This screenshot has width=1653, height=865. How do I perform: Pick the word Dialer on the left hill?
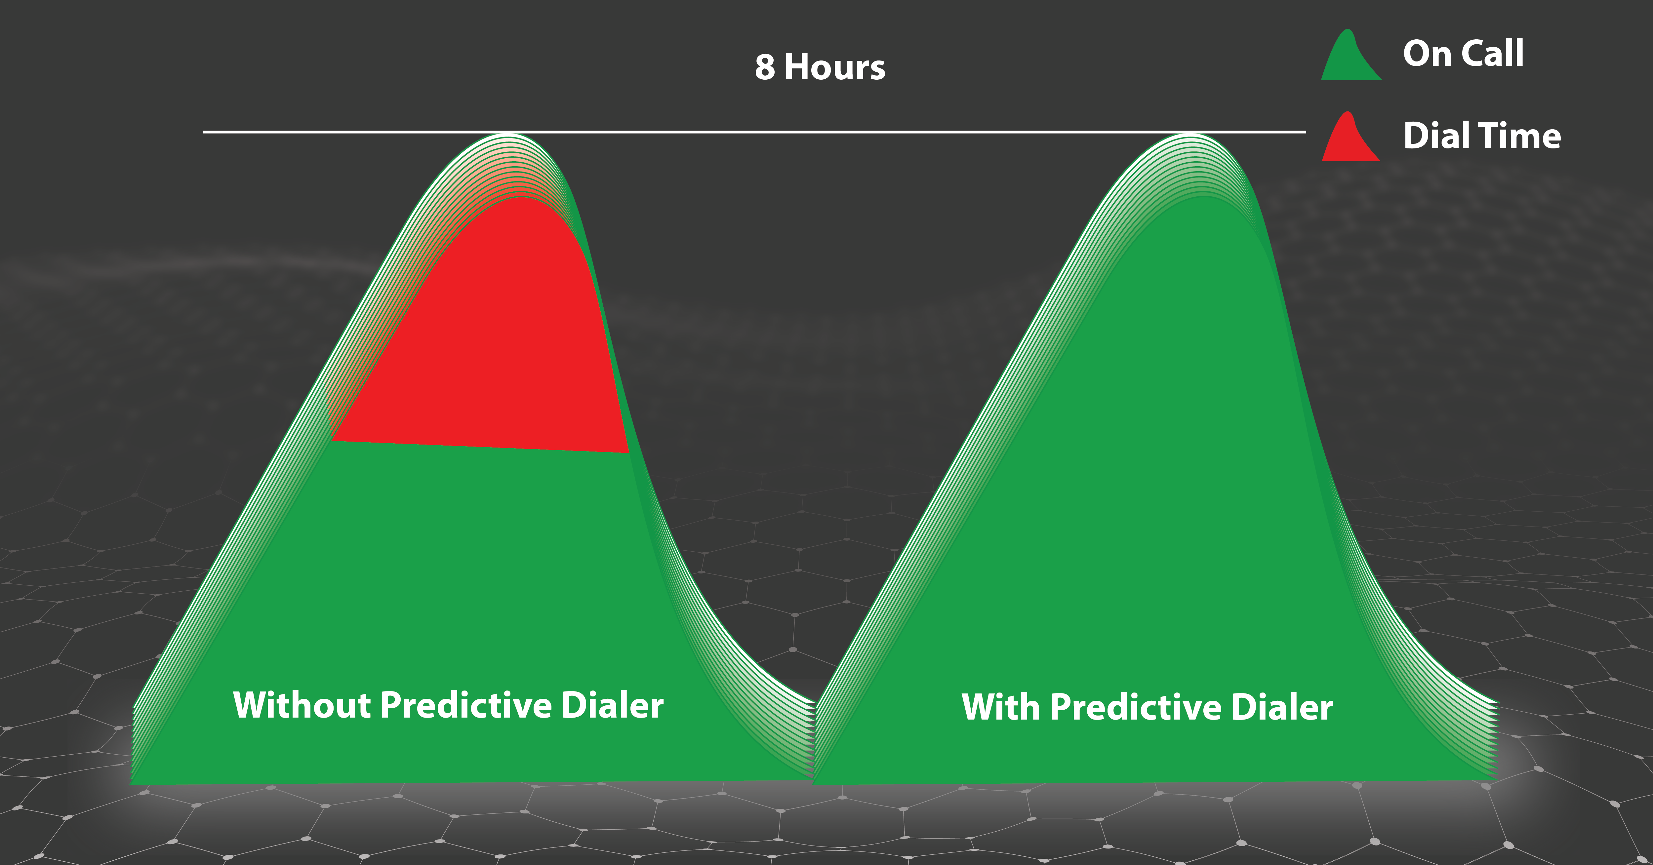tap(613, 705)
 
